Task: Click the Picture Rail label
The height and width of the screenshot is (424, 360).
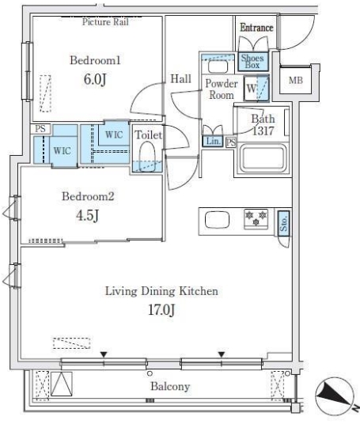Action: pyautogui.click(x=105, y=22)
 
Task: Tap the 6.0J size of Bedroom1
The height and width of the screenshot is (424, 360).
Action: pyautogui.click(x=95, y=79)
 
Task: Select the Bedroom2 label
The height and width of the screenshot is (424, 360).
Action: pyautogui.click(x=88, y=196)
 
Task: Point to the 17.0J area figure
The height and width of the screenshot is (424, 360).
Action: pyautogui.click(x=161, y=310)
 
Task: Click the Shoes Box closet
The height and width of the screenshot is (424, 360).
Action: pyautogui.click(x=253, y=62)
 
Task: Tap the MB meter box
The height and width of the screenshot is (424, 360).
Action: pyautogui.click(x=296, y=80)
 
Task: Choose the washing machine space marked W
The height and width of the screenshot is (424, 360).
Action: pyautogui.click(x=256, y=89)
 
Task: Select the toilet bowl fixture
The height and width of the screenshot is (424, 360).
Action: pyautogui.click(x=147, y=157)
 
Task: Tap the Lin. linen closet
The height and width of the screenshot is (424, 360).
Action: pyautogui.click(x=213, y=141)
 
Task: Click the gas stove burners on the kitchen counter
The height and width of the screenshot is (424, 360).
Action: pyautogui.click(x=256, y=219)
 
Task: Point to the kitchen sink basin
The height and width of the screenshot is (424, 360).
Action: pyautogui.click(x=218, y=220)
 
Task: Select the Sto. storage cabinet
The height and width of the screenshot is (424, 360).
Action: pyautogui.click(x=284, y=224)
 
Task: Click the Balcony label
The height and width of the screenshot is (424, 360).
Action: pyautogui.click(x=170, y=386)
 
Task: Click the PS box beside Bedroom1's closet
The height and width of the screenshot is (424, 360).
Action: pyautogui.click(x=40, y=129)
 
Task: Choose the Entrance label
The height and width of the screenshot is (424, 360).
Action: pyautogui.click(x=256, y=28)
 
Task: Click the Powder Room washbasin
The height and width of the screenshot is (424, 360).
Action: pyautogui.click(x=218, y=66)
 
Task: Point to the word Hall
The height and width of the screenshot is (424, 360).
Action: pyautogui.click(x=180, y=79)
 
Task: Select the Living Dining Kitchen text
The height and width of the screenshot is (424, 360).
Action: pyautogui.click(x=161, y=291)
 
